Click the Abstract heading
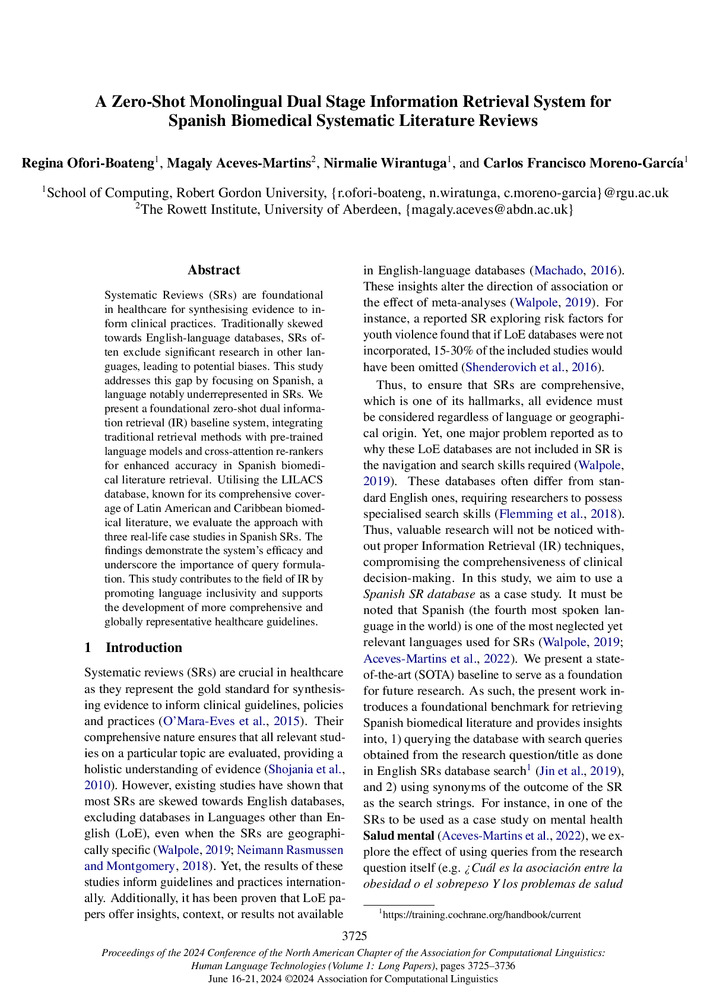coord(214,270)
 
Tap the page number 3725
coord(353,935)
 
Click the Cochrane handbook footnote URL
coord(459,913)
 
